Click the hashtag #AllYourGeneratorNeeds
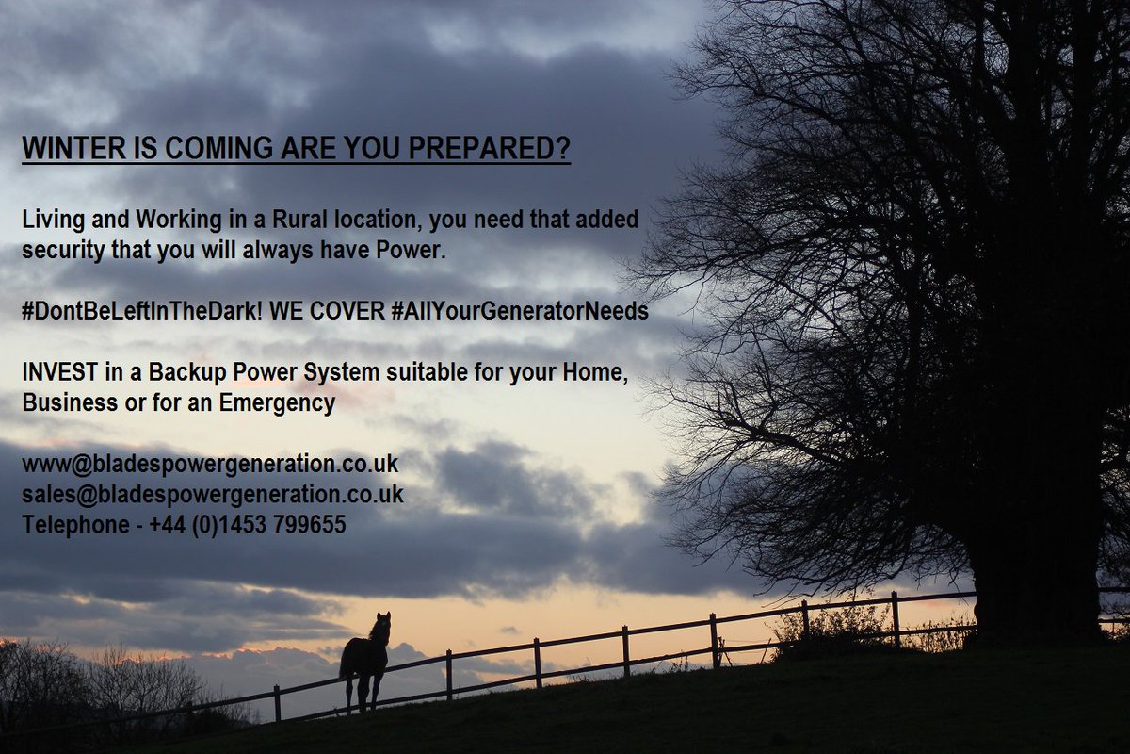[520, 311]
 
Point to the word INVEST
[56, 372]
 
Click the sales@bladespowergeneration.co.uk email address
[213, 494]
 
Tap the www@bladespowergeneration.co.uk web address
[210, 464]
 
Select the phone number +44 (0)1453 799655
[248, 525]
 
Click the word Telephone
[75, 525]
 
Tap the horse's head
[381, 623]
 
